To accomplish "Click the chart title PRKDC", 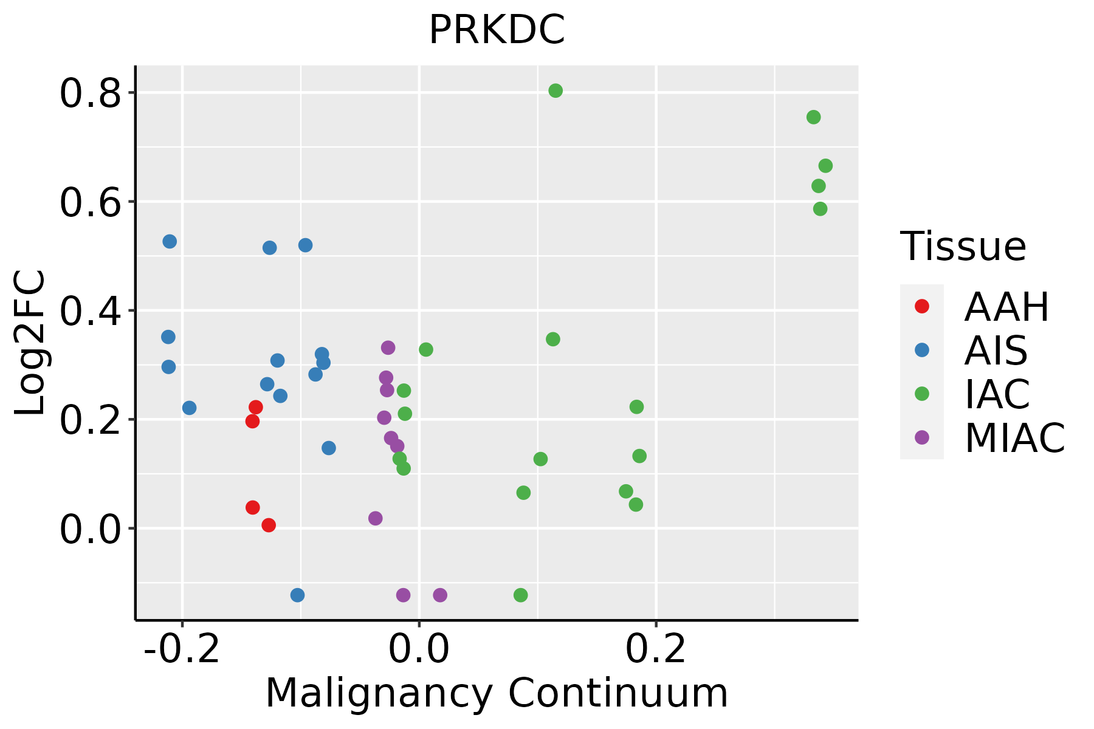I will click(497, 30).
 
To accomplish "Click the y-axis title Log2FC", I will click(30, 343).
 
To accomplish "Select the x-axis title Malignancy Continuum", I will click(497, 693).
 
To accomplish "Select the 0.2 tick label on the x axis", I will click(656, 649).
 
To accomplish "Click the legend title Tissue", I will click(963, 247).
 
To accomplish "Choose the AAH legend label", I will click(1006, 307).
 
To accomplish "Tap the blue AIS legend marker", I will click(922, 350).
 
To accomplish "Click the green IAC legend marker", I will click(922, 394).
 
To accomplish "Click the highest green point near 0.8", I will click(556, 91).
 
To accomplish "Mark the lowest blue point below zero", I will click(297, 595).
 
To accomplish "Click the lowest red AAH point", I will click(269, 525).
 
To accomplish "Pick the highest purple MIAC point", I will click(388, 347).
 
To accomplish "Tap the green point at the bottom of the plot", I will click(520, 595).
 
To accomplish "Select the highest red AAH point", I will click(256, 407).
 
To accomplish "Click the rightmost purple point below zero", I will click(440, 595).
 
